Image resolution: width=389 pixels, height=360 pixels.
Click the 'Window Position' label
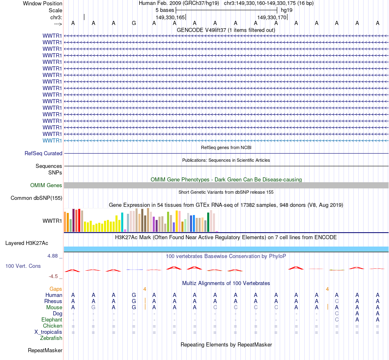[43, 3]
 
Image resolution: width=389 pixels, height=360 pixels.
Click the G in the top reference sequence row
[134, 23]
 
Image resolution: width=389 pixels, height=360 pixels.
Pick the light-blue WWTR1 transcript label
[52, 140]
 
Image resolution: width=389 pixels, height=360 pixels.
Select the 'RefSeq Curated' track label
[43, 154]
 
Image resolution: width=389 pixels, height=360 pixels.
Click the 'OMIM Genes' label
[46, 186]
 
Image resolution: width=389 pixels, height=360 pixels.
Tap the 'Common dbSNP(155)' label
[36, 198]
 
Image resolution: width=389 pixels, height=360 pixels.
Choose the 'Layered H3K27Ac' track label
[27, 243]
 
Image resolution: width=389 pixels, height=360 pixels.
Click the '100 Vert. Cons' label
[23, 266]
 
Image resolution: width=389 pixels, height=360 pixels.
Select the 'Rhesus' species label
[53, 301]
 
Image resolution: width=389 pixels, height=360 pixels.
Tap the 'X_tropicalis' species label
[48, 332]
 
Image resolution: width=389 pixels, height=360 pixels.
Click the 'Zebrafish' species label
[51, 338]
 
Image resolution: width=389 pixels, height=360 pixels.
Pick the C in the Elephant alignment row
[337, 319]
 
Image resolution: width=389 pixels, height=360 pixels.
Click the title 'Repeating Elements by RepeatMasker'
[226, 344]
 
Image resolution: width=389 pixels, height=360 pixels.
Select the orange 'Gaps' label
[56, 289]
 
